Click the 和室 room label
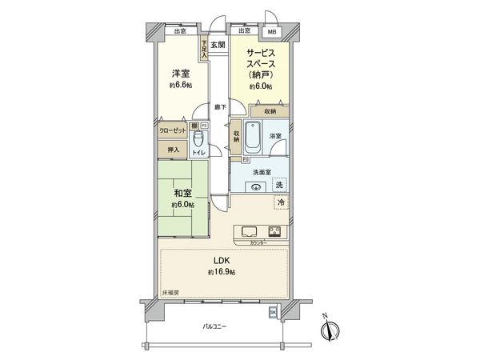[x=181, y=193]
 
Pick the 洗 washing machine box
[x=278, y=185]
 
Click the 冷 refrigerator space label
[x=281, y=204]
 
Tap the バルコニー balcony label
[x=214, y=326]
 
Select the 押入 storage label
[x=173, y=149]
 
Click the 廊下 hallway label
[x=218, y=106]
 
